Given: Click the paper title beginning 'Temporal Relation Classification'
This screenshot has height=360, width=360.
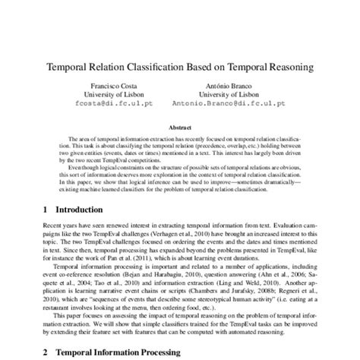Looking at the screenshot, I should coord(180,67).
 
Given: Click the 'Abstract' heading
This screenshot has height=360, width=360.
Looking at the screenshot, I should coord(180,129).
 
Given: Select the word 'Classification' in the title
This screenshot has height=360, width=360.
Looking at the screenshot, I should coord(150,67).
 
